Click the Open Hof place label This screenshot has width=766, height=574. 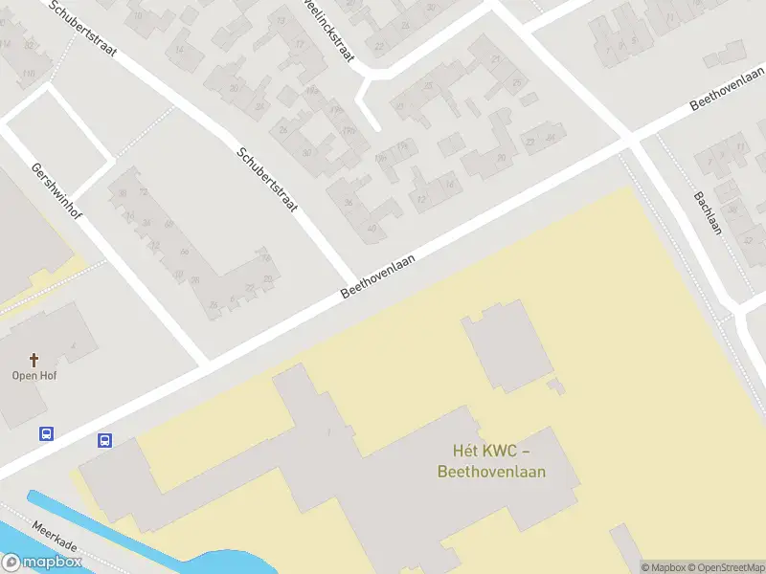click(34, 376)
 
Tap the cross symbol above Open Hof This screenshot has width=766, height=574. click(34, 360)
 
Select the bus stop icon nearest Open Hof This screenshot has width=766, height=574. click(46, 433)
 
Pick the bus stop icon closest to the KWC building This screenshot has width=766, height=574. click(104, 441)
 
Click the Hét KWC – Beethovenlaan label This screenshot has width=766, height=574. click(491, 460)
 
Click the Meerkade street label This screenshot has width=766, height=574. click(55, 538)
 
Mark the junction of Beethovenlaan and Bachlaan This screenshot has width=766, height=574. click(631, 141)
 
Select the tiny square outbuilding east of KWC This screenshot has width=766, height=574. click(555, 386)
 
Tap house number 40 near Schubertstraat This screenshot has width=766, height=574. click(372, 228)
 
